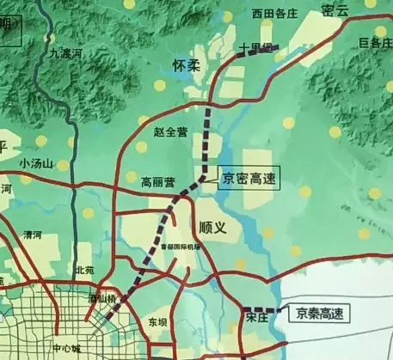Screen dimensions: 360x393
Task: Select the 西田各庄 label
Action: tap(249, 14)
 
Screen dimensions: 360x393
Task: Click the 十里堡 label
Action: tap(255, 47)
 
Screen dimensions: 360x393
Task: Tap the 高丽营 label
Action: tap(158, 182)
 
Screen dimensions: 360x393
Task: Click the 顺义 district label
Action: tap(212, 227)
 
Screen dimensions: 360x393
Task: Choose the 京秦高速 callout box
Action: tap(320, 314)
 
